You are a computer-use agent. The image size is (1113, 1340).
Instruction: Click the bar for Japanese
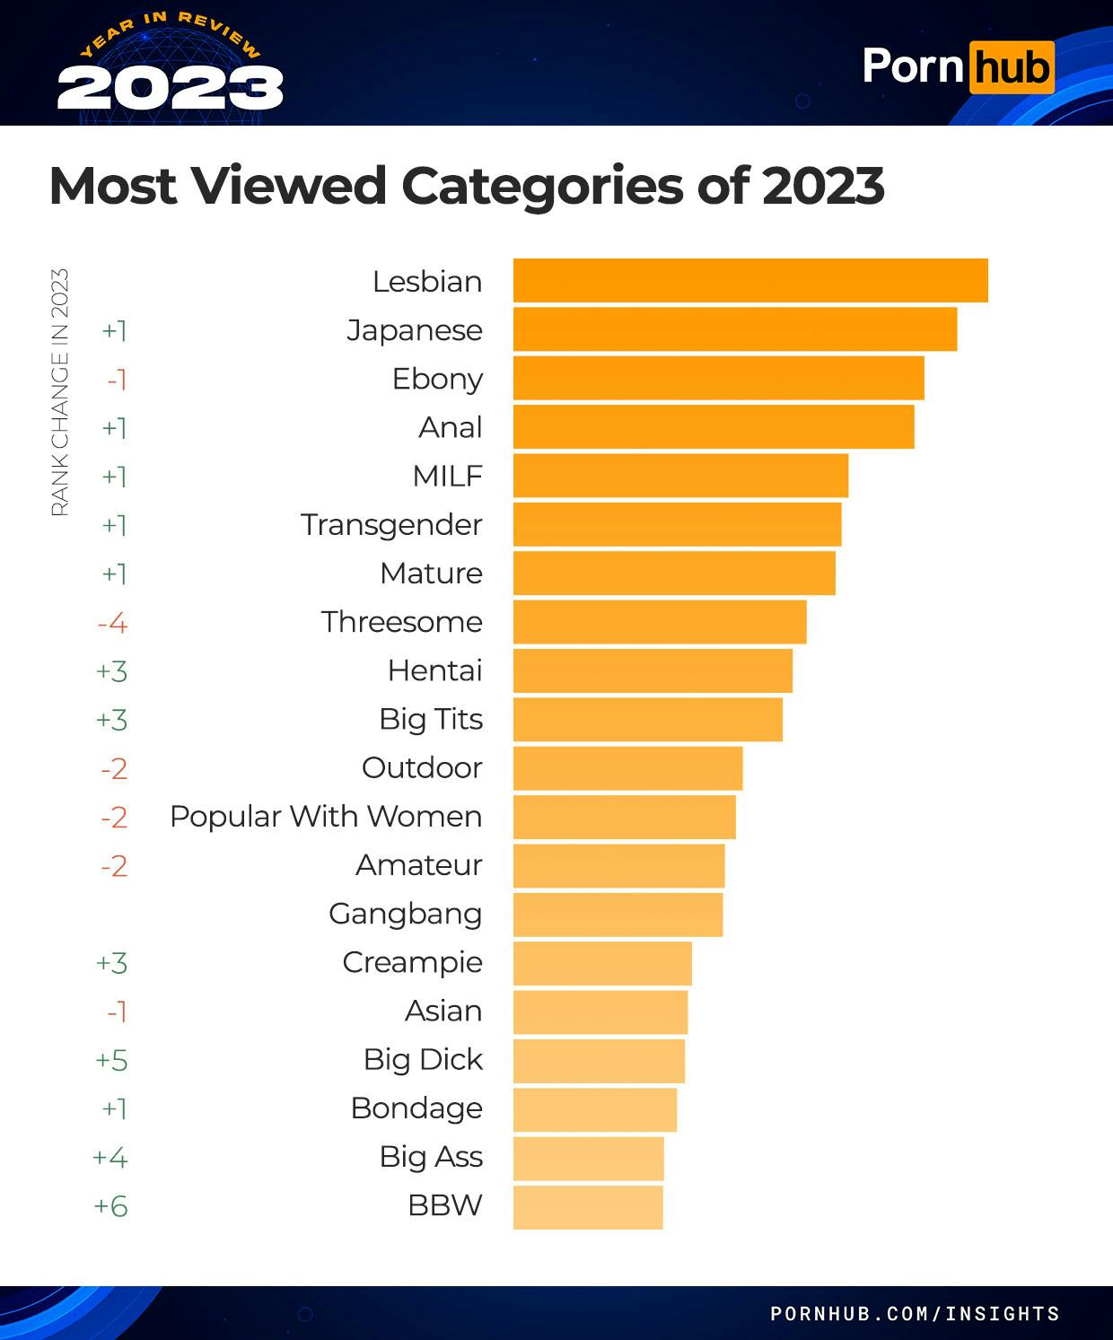pyautogui.click(x=734, y=329)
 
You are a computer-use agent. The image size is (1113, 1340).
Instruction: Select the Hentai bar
pyautogui.click(x=653, y=670)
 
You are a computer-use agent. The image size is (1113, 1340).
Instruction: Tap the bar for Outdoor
pyautogui.click(x=627, y=768)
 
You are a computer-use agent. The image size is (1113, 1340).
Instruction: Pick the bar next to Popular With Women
pyautogui.click(x=624, y=817)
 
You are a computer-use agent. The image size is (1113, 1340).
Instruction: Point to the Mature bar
pyautogui.click(x=674, y=574)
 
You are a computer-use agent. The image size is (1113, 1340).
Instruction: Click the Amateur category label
pyautogui.click(x=418, y=865)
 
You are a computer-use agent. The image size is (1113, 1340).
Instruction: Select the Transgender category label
pyautogui.click(x=391, y=525)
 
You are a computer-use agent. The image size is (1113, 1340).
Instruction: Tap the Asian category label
pyautogui.click(x=443, y=1012)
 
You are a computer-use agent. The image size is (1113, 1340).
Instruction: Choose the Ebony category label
pyautogui.click(x=437, y=379)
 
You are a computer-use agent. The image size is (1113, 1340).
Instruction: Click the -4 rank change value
pyautogui.click(x=113, y=622)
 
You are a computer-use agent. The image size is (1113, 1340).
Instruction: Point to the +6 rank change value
pyautogui.click(x=111, y=1205)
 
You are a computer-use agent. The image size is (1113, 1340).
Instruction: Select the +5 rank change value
pyautogui.click(x=112, y=1060)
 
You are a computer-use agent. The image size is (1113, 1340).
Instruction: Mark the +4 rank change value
pyautogui.click(x=110, y=1157)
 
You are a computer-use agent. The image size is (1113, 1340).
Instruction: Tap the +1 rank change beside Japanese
pyautogui.click(x=114, y=330)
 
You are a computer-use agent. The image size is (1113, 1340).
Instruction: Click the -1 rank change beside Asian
pyautogui.click(x=117, y=1012)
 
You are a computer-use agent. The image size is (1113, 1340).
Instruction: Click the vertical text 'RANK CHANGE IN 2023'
pyautogui.click(x=59, y=392)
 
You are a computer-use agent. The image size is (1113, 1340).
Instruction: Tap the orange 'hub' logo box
pyautogui.click(x=1011, y=67)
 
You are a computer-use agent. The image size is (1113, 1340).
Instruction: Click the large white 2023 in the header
pyautogui.click(x=171, y=89)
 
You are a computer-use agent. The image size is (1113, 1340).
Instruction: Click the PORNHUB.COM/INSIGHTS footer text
pyautogui.click(x=915, y=1314)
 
